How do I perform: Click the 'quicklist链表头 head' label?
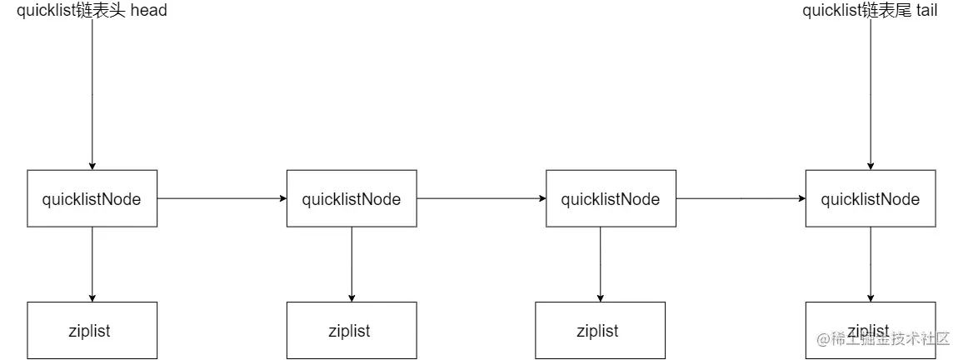[x=92, y=11]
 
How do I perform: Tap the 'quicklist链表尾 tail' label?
[x=870, y=11]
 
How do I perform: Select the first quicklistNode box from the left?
[x=92, y=198]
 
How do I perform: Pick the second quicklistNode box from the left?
[x=352, y=199]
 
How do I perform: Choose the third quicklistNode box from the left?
[x=611, y=199]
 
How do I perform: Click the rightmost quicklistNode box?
[x=871, y=199]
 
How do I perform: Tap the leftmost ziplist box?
[x=92, y=331]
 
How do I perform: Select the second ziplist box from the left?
[x=352, y=331]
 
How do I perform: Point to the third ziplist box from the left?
[x=600, y=331]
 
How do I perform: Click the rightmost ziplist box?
[x=871, y=321]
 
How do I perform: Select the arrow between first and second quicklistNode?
[x=222, y=199]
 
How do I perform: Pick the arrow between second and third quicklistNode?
[x=481, y=199]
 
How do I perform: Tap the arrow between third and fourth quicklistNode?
[x=741, y=199]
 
